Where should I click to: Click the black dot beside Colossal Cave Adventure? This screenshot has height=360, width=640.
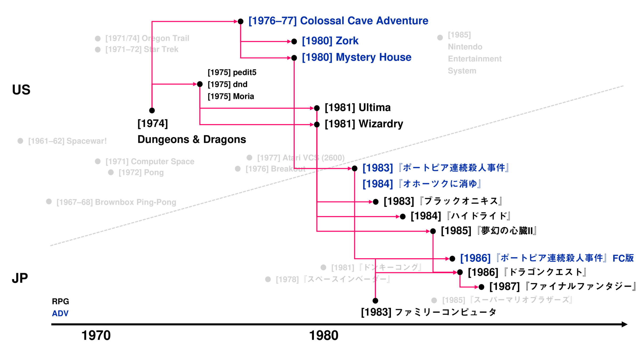(x=241, y=21)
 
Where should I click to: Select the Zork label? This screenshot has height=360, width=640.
(x=330, y=41)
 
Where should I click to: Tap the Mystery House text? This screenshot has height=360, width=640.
(x=357, y=57)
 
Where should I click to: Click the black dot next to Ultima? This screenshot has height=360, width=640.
(x=317, y=108)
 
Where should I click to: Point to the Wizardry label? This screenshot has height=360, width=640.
(x=364, y=124)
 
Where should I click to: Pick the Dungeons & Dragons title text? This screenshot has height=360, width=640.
(x=191, y=139)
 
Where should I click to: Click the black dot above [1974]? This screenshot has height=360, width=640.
(x=152, y=110)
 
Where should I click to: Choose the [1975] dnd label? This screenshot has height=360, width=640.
(x=227, y=85)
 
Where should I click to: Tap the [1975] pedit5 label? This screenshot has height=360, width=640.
(x=232, y=73)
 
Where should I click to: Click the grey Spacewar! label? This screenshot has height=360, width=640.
(x=67, y=141)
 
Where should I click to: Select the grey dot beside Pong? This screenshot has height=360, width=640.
(x=111, y=173)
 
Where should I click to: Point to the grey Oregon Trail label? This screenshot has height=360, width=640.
(x=147, y=38)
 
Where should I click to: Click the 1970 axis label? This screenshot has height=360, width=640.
(x=96, y=335)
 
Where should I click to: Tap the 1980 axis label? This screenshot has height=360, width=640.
(x=323, y=335)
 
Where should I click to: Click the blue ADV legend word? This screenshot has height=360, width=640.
(x=60, y=314)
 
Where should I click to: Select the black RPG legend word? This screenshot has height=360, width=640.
(x=60, y=302)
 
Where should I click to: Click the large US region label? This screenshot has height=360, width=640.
(x=21, y=90)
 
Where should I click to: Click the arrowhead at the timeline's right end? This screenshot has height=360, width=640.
(x=624, y=325)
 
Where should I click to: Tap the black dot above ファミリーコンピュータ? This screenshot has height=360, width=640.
(x=375, y=301)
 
